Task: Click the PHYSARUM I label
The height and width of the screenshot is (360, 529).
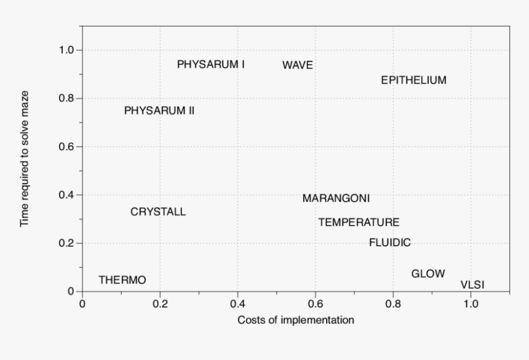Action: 211,64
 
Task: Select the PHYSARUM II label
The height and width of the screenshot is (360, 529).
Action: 159,111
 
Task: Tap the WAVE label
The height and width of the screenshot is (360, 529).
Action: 298,65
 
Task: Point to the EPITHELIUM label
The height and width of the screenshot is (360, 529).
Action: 413,80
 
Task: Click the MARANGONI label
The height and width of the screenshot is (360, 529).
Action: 336,199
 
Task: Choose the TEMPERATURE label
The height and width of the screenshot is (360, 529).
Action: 359,222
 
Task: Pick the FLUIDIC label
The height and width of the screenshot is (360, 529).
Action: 390,242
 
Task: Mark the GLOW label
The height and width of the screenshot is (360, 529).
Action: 428,274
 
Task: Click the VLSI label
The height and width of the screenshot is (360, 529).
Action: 472,284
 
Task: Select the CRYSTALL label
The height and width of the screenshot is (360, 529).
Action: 158,212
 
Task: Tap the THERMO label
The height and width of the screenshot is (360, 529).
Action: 122,280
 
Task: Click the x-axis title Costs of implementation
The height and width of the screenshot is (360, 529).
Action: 296,320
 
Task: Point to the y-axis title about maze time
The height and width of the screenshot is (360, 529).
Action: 25,159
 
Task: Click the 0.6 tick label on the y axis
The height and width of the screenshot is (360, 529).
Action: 66,146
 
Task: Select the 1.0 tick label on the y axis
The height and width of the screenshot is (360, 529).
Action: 66,50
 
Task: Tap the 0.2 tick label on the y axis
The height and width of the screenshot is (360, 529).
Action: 66,243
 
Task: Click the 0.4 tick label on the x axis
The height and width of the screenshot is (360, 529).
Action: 237,303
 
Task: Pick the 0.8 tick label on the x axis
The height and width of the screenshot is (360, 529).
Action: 393,303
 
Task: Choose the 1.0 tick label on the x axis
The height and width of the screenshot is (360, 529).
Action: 471,303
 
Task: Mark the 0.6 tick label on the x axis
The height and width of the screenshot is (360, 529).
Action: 315,303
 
